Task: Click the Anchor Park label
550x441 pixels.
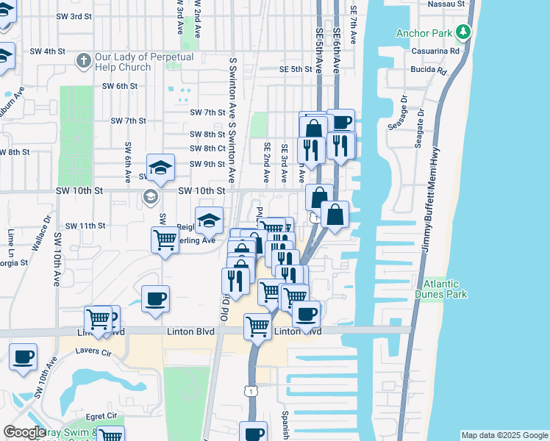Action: point(424,33)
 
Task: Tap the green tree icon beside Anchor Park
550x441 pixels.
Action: point(463,32)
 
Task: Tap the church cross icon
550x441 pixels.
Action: point(84,59)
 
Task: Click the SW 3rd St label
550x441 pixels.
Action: point(85,15)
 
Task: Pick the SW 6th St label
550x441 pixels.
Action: point(120,86)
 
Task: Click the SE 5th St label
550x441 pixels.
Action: point(296,69)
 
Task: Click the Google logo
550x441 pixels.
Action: point(24,433)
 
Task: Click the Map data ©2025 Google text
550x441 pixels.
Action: point(505,435)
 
